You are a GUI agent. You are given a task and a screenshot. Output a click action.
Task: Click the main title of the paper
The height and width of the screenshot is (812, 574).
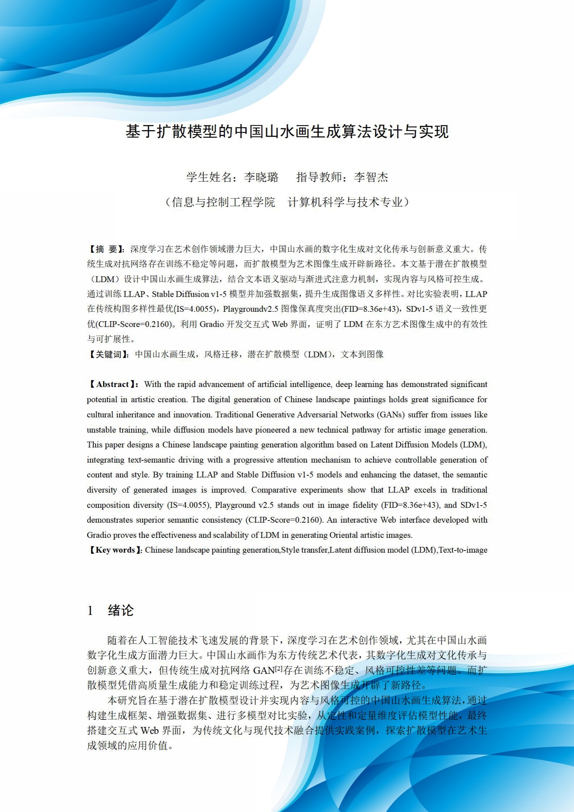coord(287,132)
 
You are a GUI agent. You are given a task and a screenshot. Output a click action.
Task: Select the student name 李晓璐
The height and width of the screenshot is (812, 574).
coord(261,177)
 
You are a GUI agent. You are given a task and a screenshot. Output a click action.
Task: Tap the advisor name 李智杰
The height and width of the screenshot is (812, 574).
coord(371,177)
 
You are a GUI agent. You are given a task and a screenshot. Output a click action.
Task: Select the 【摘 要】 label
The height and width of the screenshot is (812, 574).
coord(106,249)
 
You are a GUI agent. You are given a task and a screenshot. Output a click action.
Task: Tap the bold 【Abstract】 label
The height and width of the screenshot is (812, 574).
coord(113,384)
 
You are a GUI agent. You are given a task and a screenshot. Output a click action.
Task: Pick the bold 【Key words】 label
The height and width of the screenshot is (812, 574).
coord(115,550)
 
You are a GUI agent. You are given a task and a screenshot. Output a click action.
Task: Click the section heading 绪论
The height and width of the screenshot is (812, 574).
coord(121,611)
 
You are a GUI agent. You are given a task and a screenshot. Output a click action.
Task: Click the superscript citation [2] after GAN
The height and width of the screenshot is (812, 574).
coord(279,669)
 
